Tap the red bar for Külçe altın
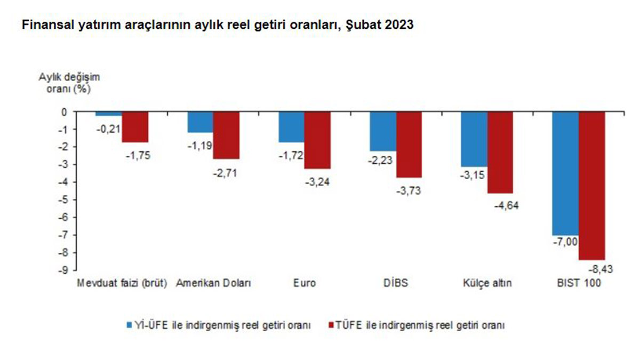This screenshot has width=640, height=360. pyautogui.click(x=500, y=153)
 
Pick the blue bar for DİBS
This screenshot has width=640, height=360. pyautogui.click(x=383, y=131)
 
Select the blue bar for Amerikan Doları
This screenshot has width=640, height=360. pyautogui.click(x=200, y=122)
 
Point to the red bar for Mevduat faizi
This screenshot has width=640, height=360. pyautogui.click(x=135, y=127)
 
